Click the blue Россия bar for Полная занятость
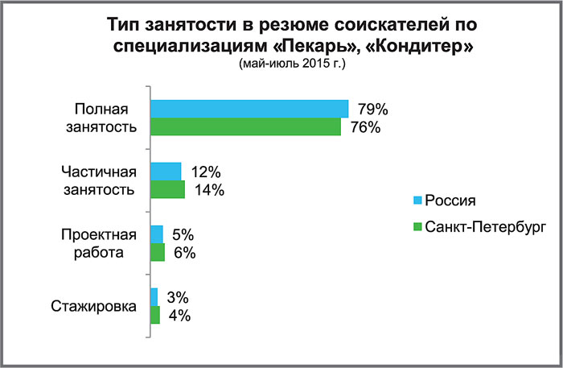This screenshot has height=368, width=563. (x=249, y=109)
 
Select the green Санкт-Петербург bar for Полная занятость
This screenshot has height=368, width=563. (x=246, y=127)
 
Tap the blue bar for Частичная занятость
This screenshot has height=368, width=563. (x=166, y=172)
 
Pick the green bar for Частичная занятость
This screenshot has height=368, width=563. (x=168, y=190)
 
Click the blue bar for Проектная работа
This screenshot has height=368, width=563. (x=158, y=234)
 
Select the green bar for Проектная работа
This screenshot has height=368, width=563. (x=158, y=253)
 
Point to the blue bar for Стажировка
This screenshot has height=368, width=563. (x=155, y=297)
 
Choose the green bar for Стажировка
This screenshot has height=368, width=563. (x=156, y=316)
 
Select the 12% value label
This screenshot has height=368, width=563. (x=206, y=172)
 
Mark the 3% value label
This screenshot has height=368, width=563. (x=177, y=297)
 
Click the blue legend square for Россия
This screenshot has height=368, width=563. (x=417, y=201)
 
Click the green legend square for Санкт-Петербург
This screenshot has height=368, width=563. (x=417, y=228)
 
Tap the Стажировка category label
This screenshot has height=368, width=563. (x=93, y=306)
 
